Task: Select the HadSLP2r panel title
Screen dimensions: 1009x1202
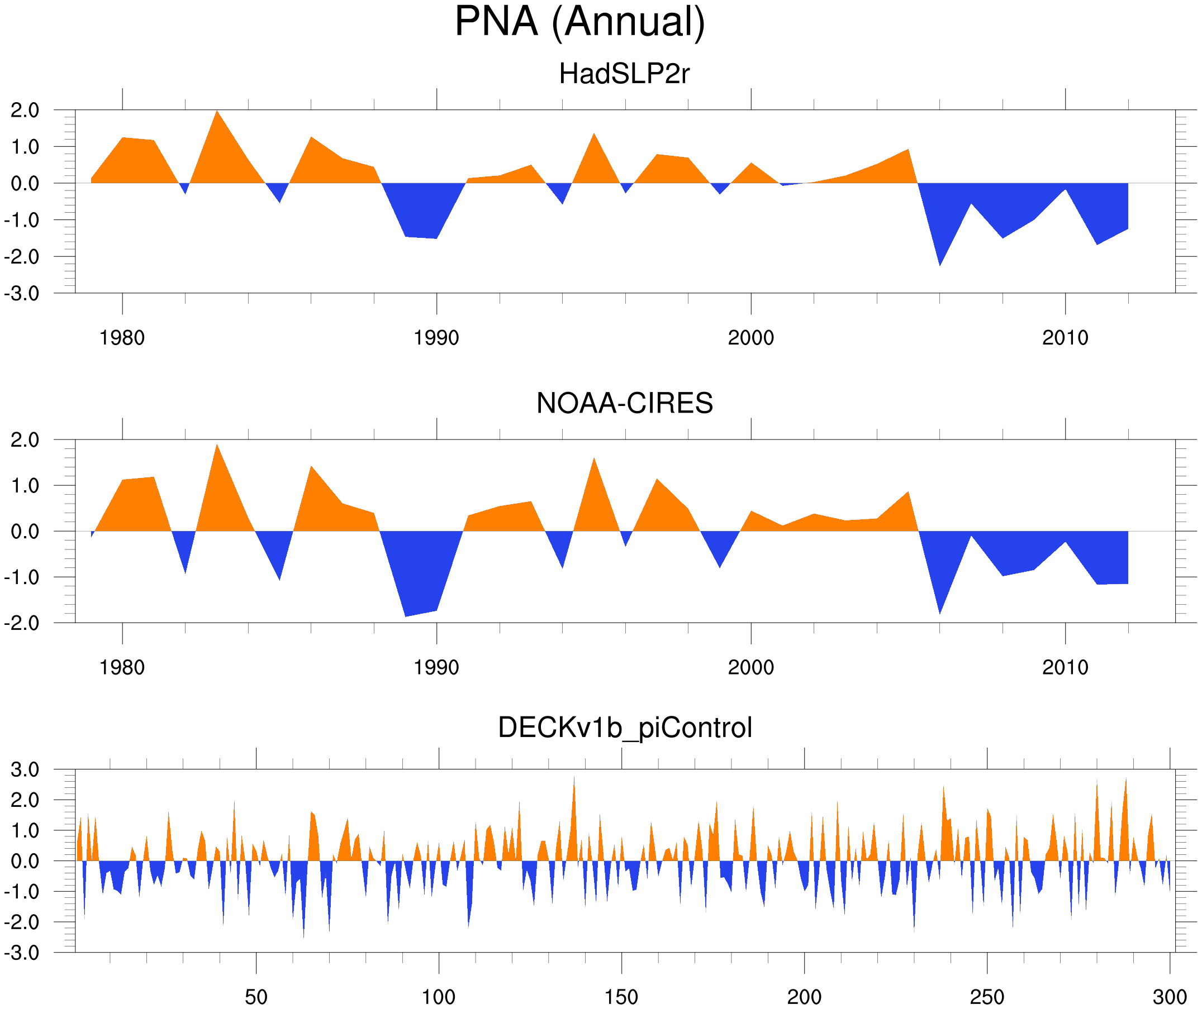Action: click(624, 74)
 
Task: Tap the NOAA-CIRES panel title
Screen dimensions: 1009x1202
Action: click(624, 404)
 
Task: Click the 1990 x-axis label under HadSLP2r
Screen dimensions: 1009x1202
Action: click(436, 338)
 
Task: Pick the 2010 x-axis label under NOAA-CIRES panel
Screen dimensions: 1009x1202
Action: click(1065, 667)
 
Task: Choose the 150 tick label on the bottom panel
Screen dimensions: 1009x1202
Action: click(621, 997)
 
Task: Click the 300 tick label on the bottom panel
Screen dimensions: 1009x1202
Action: click(1170, 997)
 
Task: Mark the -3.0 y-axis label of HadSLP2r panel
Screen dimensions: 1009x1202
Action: click(22, 294)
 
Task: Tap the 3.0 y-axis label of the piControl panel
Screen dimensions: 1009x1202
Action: click(25, 770)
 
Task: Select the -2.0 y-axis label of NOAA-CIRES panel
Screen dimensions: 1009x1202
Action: click(22, 624)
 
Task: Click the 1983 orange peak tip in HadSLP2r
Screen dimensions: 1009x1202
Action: click(217, 111)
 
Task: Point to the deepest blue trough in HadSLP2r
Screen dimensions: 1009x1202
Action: click(940, 265)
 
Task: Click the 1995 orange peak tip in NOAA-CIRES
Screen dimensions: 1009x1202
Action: click(594, 458)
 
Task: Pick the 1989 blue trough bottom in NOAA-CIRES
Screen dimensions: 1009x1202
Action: click(405, 616)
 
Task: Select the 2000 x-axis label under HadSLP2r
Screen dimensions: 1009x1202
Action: click(750, 338)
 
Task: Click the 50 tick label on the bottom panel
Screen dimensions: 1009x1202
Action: click(256, 997)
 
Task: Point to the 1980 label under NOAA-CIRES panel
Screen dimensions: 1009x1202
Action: click(122, 667)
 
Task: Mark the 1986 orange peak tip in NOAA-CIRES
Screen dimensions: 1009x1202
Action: click(311, 466)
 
